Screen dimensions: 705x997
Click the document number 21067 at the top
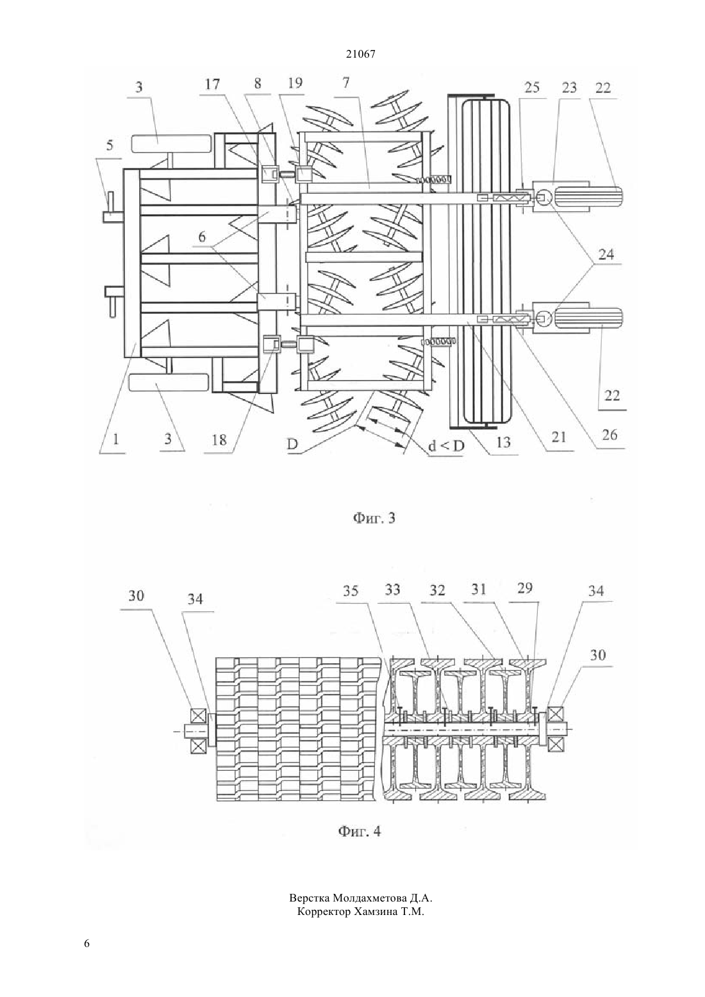[x=360, y=54]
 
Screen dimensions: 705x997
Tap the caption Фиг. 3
[x=374, y=518]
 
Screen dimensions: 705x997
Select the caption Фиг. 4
[x=360, y=831]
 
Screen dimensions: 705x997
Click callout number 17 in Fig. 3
[x=212, y=84]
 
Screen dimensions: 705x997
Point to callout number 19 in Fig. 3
[x=295, y=83]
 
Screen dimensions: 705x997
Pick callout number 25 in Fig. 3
[x=532, y=87]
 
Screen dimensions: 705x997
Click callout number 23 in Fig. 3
[x=569, y=87]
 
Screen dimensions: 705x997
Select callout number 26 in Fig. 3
[x=610, y=434]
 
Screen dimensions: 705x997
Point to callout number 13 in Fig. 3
[x=503, y=442]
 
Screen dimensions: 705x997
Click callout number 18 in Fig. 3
[x=219, y=440]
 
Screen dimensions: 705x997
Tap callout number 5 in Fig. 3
[x=110, y=145]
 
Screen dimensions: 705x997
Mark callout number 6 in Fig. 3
[x=202, y=237]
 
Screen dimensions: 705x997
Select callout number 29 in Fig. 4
[x=525, y=588]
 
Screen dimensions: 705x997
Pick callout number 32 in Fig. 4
[x=437, y=589]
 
